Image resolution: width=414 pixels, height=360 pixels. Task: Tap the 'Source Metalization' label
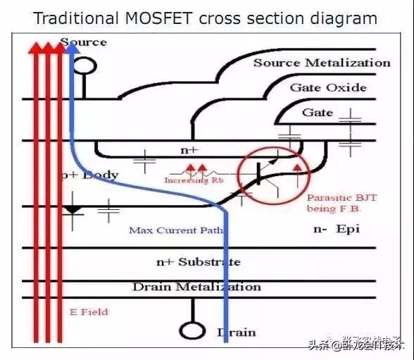[322, 63]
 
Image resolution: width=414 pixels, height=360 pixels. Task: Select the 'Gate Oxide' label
[328, 87]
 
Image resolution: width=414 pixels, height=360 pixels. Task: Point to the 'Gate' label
[318, 113]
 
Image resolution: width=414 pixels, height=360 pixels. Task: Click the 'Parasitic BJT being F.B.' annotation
[341, 203]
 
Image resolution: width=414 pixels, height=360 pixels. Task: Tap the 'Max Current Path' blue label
[176, 230]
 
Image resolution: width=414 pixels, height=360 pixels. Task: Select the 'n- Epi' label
[337, 229]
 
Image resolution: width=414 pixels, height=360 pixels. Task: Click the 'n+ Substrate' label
[198, 262]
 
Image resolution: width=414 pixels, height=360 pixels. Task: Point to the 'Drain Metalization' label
[196, 287]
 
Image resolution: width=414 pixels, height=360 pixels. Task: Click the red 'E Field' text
[89, 311]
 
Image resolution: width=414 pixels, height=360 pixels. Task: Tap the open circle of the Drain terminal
[190, 330]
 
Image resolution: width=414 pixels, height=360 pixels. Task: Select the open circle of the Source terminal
[85, 66]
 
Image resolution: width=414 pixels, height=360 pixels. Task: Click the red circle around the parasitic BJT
[268, 173]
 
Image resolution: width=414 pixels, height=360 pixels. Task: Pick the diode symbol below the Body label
[73, 211]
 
